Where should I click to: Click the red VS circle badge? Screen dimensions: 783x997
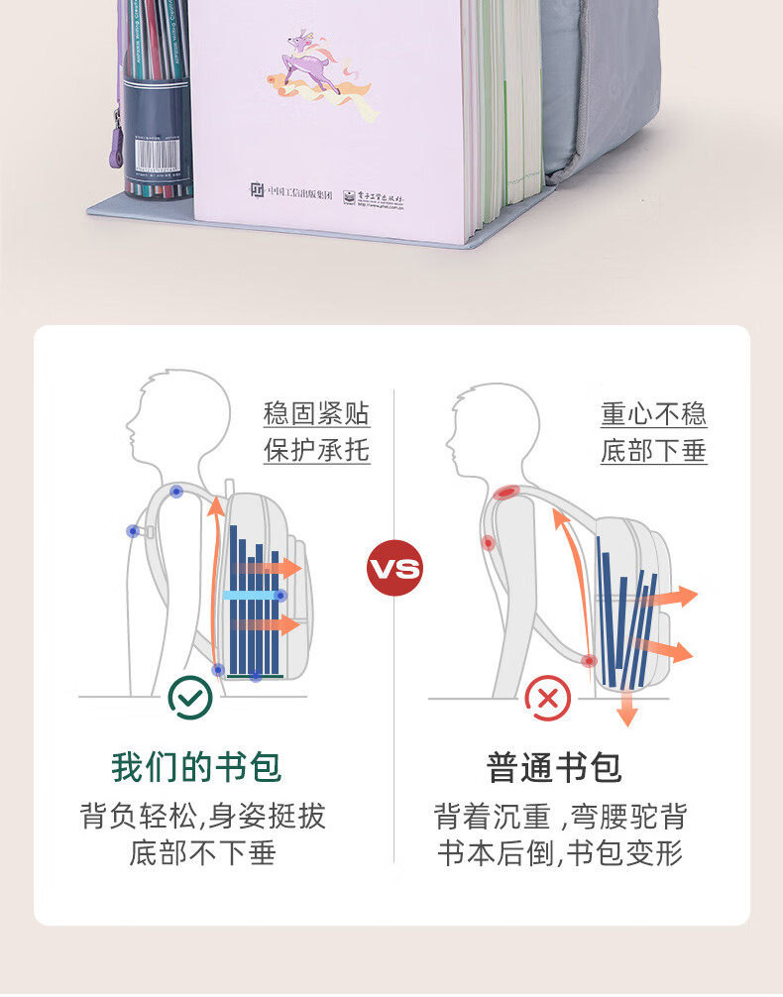(394, 569)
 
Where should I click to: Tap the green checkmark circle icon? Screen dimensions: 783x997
(189, 697)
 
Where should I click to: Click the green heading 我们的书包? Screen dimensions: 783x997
(196, 767)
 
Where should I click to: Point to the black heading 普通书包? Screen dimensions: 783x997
(553, 767)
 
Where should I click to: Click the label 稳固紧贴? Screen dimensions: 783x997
(316, 412)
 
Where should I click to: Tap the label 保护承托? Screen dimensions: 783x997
(316, 450)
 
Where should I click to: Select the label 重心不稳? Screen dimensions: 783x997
(653, 412)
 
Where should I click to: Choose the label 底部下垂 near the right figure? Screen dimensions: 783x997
(653, 451)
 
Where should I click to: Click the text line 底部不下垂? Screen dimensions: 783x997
(201, 853)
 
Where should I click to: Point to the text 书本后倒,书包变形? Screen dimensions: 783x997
(560, 853)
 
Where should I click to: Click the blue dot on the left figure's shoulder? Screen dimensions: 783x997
(176, 492)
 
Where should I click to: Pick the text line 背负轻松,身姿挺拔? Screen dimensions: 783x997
(202, 817)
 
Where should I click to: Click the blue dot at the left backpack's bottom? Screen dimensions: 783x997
(256, 677)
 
